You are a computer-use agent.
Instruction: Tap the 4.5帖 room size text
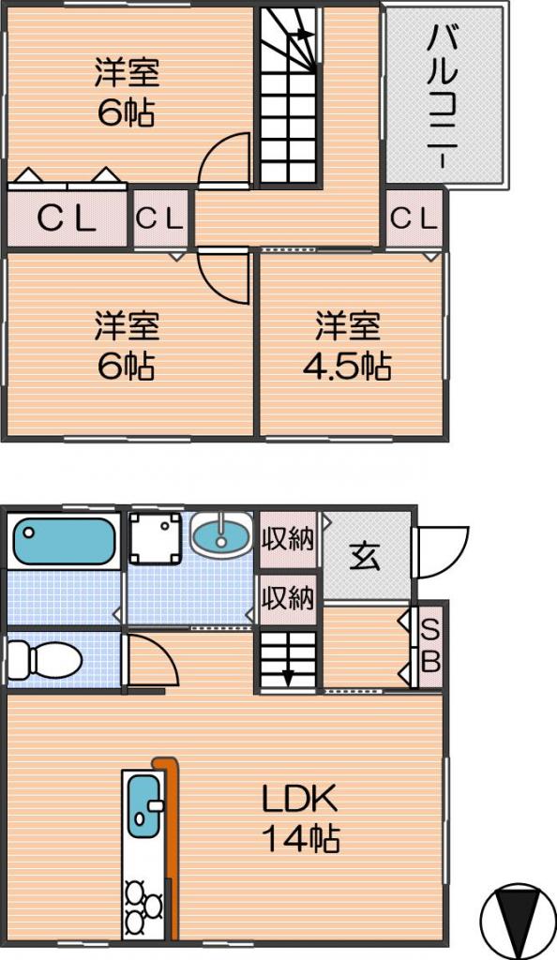tap(347, 367)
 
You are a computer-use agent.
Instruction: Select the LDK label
tap(299, 799)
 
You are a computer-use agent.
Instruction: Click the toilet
tap(44, 660)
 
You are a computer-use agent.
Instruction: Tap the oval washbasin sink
tap(221, 532)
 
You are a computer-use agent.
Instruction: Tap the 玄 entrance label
tap(365, 556)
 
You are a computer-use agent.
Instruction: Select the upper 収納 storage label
tap(288, 539)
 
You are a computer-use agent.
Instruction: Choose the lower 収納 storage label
tap(288, 598)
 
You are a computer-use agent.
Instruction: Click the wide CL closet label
tap(67, 217)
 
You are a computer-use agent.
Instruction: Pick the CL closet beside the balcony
tap(414, 217)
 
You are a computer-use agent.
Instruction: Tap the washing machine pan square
tap(156, 538)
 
